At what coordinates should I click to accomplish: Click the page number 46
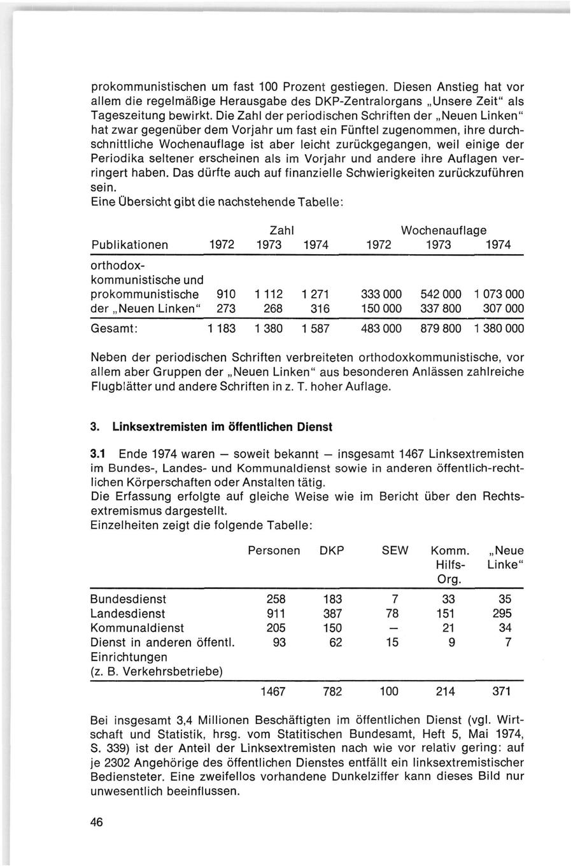(97, 821)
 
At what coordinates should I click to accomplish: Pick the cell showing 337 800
(441, 309)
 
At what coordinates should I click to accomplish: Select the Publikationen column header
(131, 245)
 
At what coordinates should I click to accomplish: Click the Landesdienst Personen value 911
(276, 614)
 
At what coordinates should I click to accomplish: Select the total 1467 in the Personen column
(273, 692)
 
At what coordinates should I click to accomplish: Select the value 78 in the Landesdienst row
(395, 614)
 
